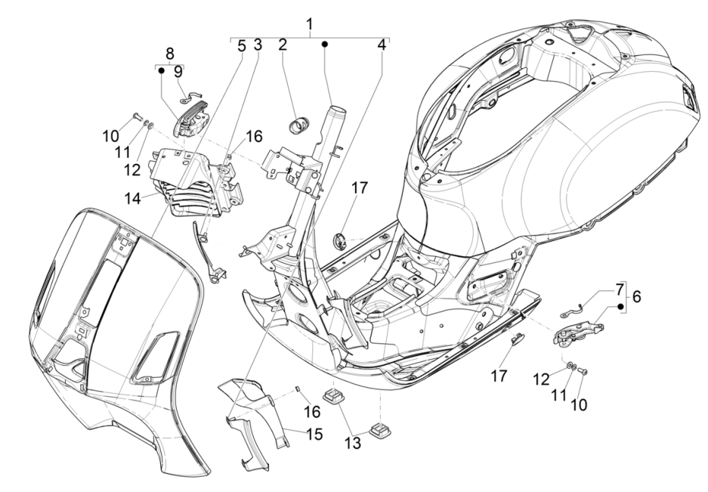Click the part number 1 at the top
309,25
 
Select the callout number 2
282,45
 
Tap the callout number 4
382,45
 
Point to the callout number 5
242,45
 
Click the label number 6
635,297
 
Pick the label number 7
620,289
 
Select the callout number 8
169,54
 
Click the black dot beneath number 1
324,45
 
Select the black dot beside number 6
621,307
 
